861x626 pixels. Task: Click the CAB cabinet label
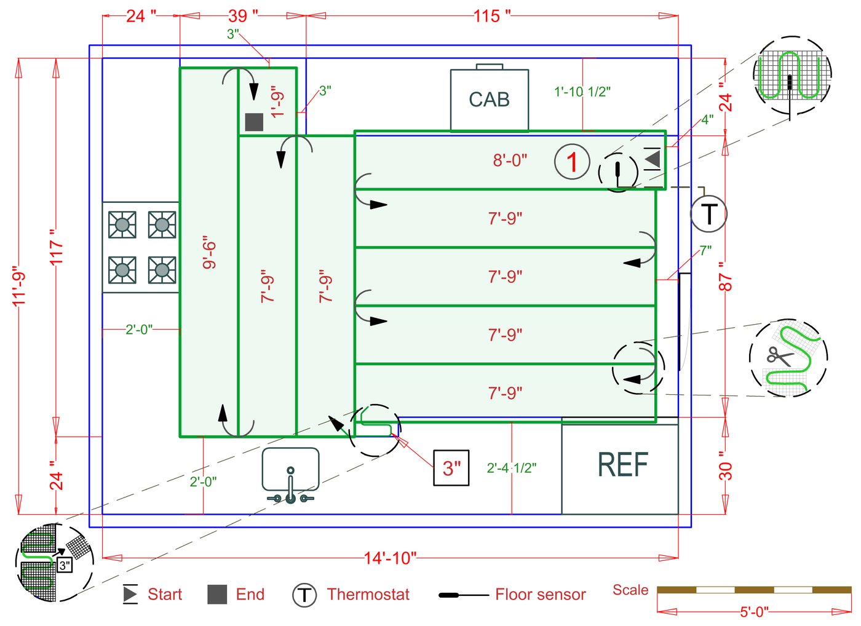(489, 100)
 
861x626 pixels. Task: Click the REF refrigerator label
(622, 465)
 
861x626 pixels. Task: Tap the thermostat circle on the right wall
(708, 214)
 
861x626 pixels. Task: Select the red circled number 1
(572, 162)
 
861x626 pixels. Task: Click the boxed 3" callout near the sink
(451, 468)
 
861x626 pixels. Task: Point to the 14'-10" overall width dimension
(390, 558)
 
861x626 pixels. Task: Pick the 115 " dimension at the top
(492, 16)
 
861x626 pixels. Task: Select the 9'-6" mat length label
(209, 252)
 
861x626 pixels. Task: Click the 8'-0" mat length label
(510, 160)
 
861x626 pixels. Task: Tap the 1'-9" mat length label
(278, 101)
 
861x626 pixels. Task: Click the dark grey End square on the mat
(254, 122)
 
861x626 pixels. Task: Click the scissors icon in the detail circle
(779, 357)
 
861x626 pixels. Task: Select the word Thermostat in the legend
(368, 595)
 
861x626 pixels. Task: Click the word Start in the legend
(165, 595)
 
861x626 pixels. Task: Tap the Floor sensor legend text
(540, 595)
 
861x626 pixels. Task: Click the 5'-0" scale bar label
(754, 612)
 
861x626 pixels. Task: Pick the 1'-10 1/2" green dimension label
(582, 92)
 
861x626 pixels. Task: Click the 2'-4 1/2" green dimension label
(511, 468)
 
